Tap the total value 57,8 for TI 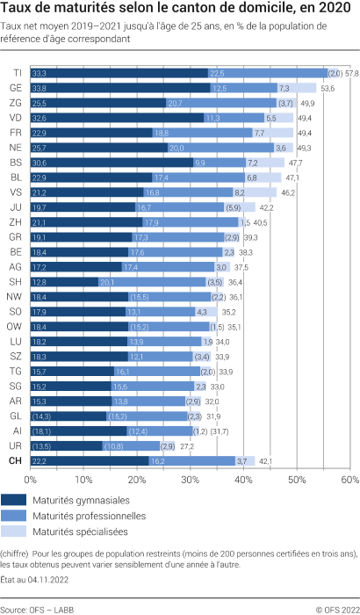tap(351, 72)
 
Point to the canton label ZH tap(17, 222)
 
